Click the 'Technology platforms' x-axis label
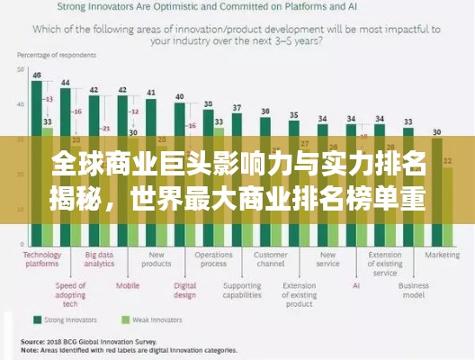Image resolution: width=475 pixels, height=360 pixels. coord(41,259)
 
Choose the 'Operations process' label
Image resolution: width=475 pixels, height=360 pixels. coord(213,259)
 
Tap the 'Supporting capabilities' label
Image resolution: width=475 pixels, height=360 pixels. coord(241,292)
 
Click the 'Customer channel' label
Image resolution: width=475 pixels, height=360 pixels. coord(270,259)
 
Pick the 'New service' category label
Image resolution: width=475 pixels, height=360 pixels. coord(327,259)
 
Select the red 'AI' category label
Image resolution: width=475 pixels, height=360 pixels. coord(355,286)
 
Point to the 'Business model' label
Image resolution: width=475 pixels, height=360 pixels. coord(413,292)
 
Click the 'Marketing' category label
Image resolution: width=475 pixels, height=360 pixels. coord(442,255)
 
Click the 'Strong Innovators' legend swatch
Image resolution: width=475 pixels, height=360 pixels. coord(38,319)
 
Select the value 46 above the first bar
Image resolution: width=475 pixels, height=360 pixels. coord(36,76)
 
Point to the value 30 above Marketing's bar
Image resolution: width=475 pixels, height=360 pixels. coord(436,131)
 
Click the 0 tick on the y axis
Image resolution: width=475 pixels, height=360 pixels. coord(21,243)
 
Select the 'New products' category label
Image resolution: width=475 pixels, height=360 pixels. coord(156,259)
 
